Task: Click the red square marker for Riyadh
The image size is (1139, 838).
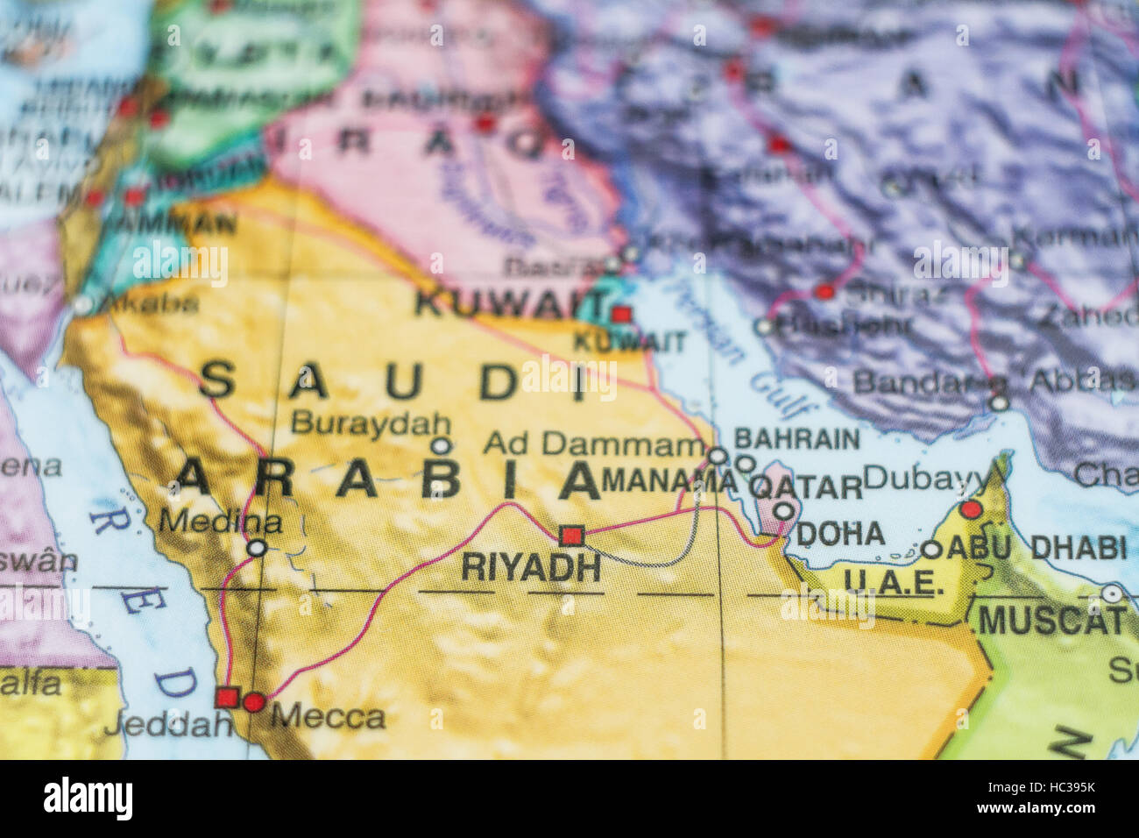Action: tap(571, 535)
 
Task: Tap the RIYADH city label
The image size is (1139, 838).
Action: tap(531, 568)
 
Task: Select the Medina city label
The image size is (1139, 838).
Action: tap(220, 522)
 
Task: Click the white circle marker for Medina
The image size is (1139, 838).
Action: tap(257, 549)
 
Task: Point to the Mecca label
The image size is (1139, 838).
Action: tap(328, 717)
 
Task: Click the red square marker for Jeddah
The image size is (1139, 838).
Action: tap(226, 698)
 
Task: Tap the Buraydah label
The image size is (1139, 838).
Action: tap(371, 423)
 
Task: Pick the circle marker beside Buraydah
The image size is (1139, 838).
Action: tap(442, 445)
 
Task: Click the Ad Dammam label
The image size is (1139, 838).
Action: tap(593, 444)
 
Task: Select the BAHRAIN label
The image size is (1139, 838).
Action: tap(796, 438)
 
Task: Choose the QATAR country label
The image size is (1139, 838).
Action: tap(806, 487)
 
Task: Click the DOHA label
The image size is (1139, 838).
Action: tap(840, 533)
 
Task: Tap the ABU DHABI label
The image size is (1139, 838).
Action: tap(1036, 548)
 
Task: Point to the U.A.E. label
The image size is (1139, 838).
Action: tap(894, 581)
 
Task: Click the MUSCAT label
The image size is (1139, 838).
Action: tap(1051, 621)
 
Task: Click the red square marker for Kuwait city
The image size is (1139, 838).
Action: tap(621, 314)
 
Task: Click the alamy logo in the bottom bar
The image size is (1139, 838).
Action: tap(88, 799)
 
